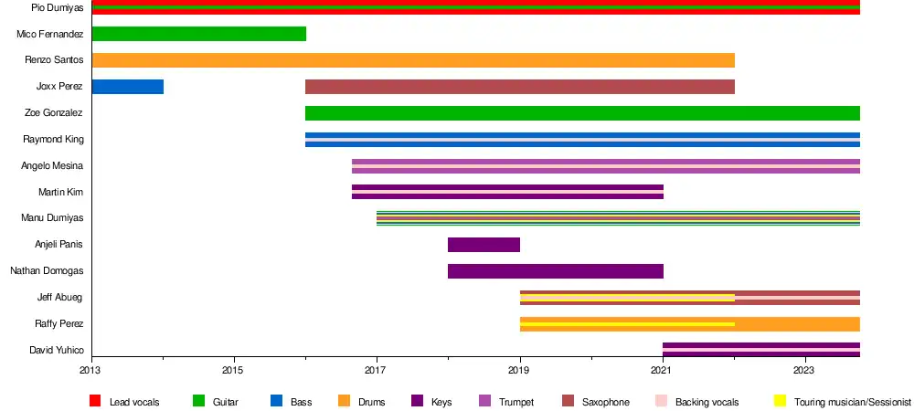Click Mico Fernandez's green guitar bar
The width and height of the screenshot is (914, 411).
click(x=198, y=34)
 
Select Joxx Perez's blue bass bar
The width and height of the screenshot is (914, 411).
click(x=127, y=87)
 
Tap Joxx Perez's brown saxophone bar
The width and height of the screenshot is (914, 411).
click(x=519, y=87)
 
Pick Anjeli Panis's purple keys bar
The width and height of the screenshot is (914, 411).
click(x=484, y=245)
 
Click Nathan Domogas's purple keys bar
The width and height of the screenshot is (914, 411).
click(x=555, y=271)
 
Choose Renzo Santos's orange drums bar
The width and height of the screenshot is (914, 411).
click(x=413, y=60)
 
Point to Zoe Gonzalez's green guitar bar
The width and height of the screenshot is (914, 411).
click(x=582, y=113)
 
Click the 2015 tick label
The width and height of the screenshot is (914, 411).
click(x=234, y=371)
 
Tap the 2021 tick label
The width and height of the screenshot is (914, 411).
click(x=663, y=371)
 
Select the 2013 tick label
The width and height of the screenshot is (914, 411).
click(x=91, y=371)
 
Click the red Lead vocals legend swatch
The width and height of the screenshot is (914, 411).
click(x=95, y=401)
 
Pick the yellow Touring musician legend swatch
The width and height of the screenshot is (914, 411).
click(x=780, y=401)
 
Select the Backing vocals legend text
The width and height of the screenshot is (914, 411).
click(x=707, y=402)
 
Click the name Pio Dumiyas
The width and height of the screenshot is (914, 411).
click(x=58, y=7)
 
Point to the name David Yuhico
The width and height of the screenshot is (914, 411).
click(x=57, y=351)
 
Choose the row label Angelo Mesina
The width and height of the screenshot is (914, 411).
click(x=52, y=166)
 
